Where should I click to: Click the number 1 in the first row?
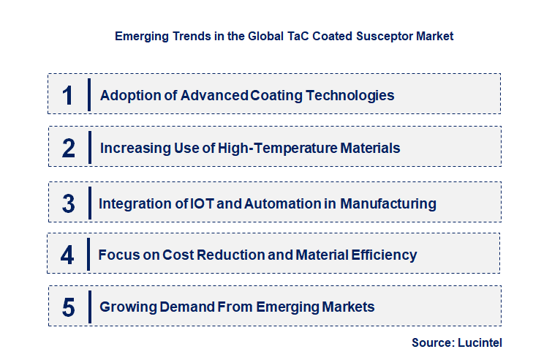68,95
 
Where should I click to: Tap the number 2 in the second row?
68,149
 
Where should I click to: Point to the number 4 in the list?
68,255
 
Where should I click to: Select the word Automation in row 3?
280,203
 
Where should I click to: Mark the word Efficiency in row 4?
384,255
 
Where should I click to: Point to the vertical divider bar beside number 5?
88,307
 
